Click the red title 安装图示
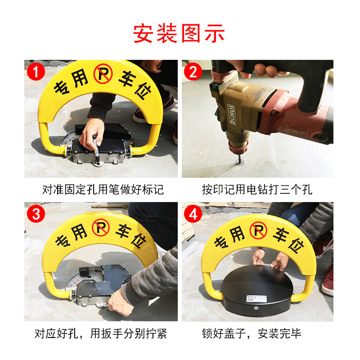click(179, 33)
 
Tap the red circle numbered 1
click(36, 72)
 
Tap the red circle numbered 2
click(193, 72)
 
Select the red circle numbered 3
click(36, 214)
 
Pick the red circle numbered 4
click(193, 214)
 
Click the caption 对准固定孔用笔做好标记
click(103, 189)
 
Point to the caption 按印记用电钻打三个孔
click(257, 189)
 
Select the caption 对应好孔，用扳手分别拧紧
click(100, 333)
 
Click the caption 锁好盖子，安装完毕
click(252, 333)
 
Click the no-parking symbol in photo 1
click(103, 73)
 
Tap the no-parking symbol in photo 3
click(100, 228)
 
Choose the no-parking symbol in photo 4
click(258, 230)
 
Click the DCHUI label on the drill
click(232, 115)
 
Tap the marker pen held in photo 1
click(96, 150)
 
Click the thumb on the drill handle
click(270, 71)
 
